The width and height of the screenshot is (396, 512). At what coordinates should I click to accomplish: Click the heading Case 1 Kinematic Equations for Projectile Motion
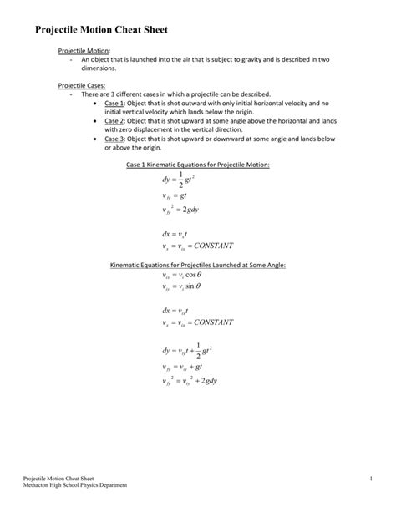[198, 165]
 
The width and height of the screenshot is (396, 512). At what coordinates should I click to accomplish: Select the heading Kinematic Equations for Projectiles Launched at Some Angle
[198, 265]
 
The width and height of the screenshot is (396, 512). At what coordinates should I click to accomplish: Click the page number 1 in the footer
[368, 477]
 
